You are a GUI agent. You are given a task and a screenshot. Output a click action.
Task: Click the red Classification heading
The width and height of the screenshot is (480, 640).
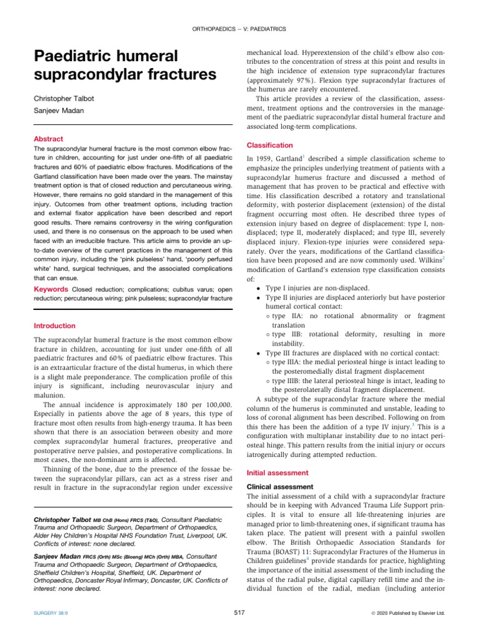[269, 144]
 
